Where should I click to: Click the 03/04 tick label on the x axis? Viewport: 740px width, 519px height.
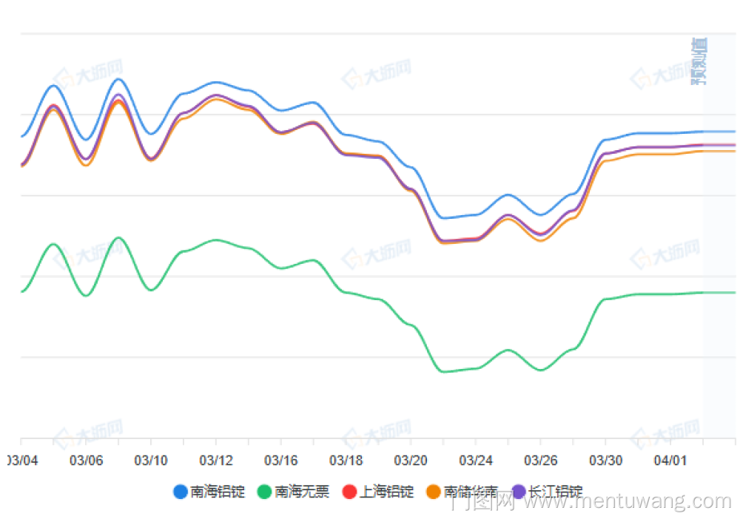pyautogui.click(x=23, y=460)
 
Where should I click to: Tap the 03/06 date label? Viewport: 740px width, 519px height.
pyautogui.click(x=86, y=460)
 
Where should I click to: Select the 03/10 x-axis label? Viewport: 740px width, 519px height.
pyautogui.click(x=151, y=460)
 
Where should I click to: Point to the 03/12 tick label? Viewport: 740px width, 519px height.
pyautogui.click(x=216, y=460)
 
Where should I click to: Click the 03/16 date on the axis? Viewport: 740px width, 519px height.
pyautogui.click(x=281, y=460)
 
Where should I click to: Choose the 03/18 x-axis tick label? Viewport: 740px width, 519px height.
pyautogui.click(x=346, y=460)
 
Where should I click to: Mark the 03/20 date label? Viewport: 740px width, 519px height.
pyautogui.click(x=411, y=460)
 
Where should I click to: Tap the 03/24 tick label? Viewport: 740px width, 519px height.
pyautogui.click(x=476, y=460)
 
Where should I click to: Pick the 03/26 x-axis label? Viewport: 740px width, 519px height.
pyautogui.click(x=541, y=460)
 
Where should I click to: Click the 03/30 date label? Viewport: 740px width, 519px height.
pyautogui.click(x=606, y=460)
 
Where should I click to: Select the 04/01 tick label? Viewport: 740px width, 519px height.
pyautogui.click(x=670, y=460)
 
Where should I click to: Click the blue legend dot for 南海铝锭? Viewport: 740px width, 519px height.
pyautogui.click(x=181, y=492)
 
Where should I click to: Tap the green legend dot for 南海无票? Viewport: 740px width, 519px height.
pyautogui.click(x=265, y=492)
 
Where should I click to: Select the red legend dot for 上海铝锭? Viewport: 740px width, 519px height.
pyautogui.click(x=349, y=492)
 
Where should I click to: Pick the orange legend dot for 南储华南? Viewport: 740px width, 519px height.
pyautogui.click(x=434, y=492)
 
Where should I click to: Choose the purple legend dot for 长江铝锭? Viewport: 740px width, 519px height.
pyautogui.click(x=518, y=492)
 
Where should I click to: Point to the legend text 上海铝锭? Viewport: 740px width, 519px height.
pyautogui.click(x=386, y=492)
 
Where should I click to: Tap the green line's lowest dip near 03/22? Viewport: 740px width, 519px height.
pyautogui.click(x=444, y=371)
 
